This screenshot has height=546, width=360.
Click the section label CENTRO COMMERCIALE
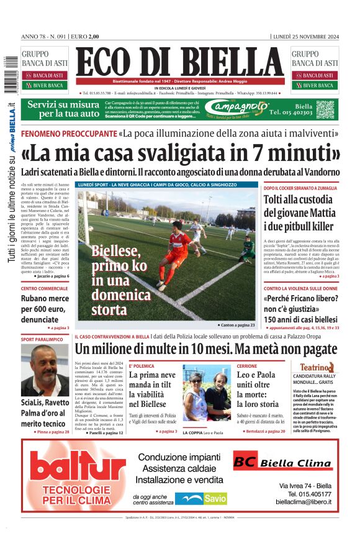(x=45, y=289)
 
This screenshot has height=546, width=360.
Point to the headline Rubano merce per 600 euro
(x=45, y=308)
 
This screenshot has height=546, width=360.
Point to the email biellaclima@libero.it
(x=304, y=501)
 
